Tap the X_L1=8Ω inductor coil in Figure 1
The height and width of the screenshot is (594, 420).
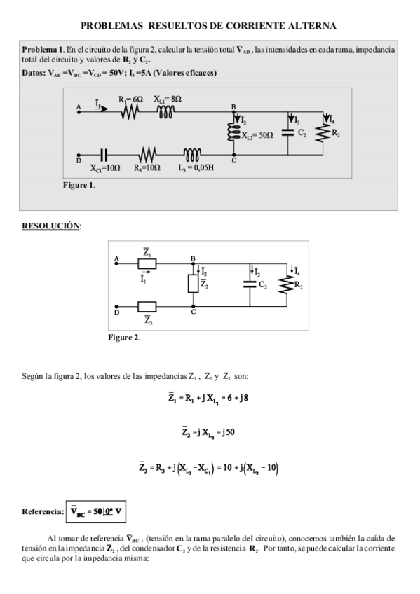(x=166, y=114)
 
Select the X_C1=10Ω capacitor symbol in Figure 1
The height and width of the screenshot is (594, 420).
(x=104, y=156)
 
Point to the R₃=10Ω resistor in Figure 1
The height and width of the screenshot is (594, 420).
(x=147, y=156)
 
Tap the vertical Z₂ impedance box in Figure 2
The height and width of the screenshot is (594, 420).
(x=193, y=283)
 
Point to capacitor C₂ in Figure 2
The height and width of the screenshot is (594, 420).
(x=250, y=284)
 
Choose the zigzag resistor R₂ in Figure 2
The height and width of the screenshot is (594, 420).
(x=287, y=284)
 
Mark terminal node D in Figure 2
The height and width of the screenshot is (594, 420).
(x=117, y=306)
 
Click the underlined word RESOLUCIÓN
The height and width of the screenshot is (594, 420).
(x=51, y=226)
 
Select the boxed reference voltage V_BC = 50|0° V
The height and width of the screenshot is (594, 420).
(x=97, y=511)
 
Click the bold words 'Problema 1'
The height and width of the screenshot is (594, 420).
(x=43, y=50)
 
